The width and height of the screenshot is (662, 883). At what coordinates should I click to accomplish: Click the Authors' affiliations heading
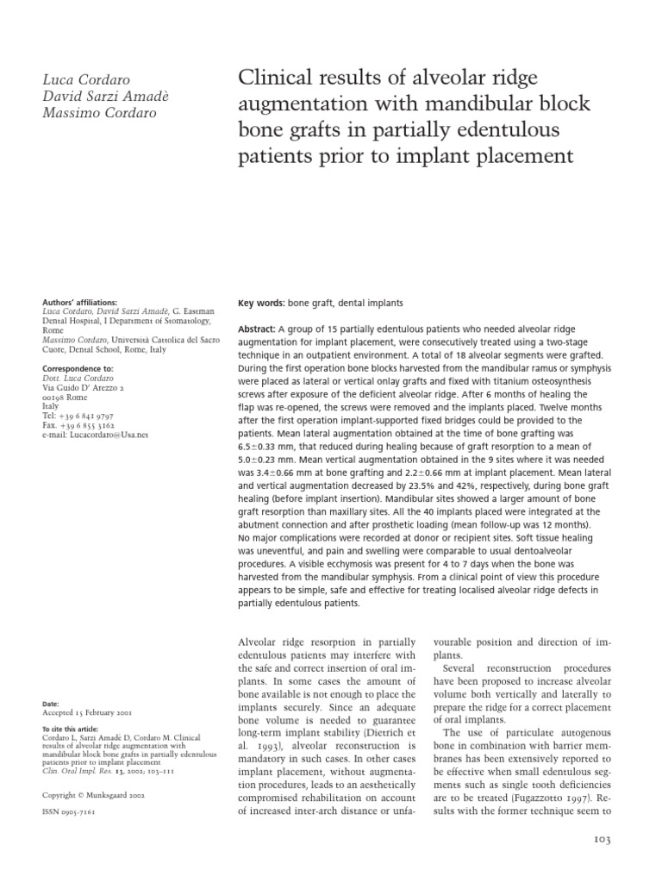[79, 303]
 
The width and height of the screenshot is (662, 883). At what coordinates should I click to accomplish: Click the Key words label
[261, 304]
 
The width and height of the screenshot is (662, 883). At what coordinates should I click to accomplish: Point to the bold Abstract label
[256, 329]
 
